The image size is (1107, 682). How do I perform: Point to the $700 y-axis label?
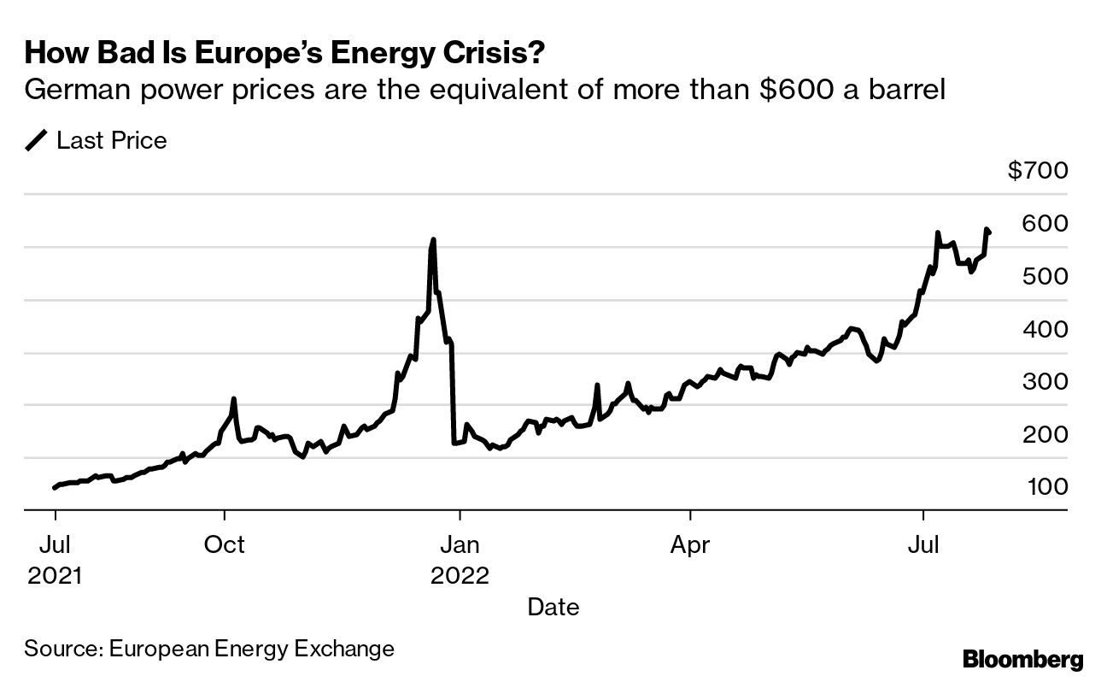1037,171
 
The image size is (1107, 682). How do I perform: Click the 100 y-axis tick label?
1047,486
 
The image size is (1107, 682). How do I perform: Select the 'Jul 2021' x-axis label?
55,559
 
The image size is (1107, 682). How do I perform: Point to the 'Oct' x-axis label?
224,544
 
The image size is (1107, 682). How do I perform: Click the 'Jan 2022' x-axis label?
460,559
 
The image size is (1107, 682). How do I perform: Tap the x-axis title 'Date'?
553,608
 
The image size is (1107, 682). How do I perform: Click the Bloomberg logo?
1022,659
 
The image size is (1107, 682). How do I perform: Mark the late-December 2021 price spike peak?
433,240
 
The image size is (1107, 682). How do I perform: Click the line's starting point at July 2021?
55,488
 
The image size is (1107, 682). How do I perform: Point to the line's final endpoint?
989,232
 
